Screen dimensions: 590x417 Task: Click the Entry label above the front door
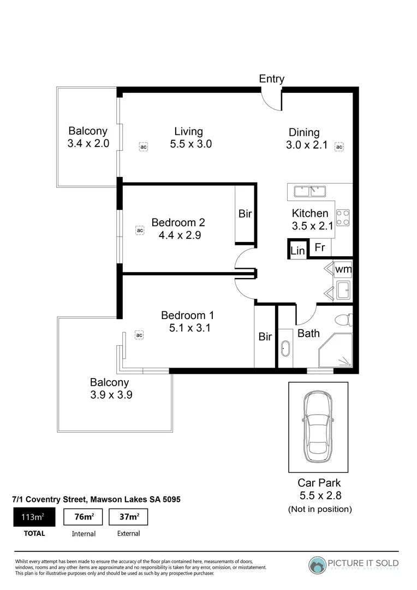click(271, 79)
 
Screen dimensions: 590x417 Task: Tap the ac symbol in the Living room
click(143, 147)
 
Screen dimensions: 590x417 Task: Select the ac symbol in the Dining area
click(339, 147)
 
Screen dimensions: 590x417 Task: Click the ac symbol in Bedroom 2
click(140, 231)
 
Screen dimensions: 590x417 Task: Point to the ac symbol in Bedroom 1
click(139, 335)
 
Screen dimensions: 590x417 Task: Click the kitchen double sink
click(310, 191)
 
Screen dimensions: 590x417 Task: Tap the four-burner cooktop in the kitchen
click(343, 217)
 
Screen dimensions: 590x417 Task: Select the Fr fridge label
click(320, 248)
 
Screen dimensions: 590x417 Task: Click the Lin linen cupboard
click(297, 250)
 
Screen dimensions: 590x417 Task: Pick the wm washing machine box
click(343, 269)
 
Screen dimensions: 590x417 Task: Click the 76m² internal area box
click(84, 517)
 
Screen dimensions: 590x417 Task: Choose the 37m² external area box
click(128, 517)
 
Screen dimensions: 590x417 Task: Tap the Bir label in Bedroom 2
click(245, 214)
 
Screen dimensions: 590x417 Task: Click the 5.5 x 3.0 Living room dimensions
click(190, 144)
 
